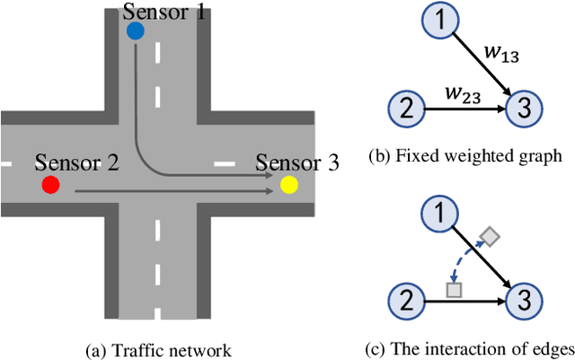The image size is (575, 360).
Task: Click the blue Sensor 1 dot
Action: click(x=135, y=31)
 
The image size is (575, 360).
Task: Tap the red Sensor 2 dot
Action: click(x=51, y=185)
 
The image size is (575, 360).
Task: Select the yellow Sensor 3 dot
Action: click(x=288, y=185)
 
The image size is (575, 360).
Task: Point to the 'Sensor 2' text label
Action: click(x=76, y=163)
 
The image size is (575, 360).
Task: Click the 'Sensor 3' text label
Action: click(x=297, y=163)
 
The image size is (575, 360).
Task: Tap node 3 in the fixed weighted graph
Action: click(x=524, y=110)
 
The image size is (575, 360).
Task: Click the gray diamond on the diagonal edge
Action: click(x=490, y=237)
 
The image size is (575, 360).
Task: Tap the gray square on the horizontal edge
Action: click(x=454, y=290)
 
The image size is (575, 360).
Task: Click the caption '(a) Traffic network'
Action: click(x=159, y=349)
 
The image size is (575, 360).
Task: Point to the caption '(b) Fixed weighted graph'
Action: click(x=464, y=155)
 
